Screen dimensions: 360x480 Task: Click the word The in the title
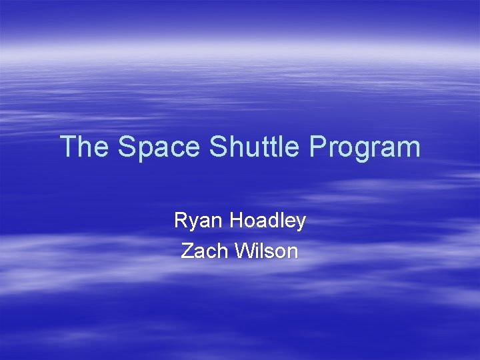pos(86,147)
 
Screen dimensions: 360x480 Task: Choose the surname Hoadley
pos(267,221)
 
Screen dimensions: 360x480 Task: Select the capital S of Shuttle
pos(218,147)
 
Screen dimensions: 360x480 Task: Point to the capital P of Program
pos(318,147)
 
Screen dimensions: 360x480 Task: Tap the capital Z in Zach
pos(188,251)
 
